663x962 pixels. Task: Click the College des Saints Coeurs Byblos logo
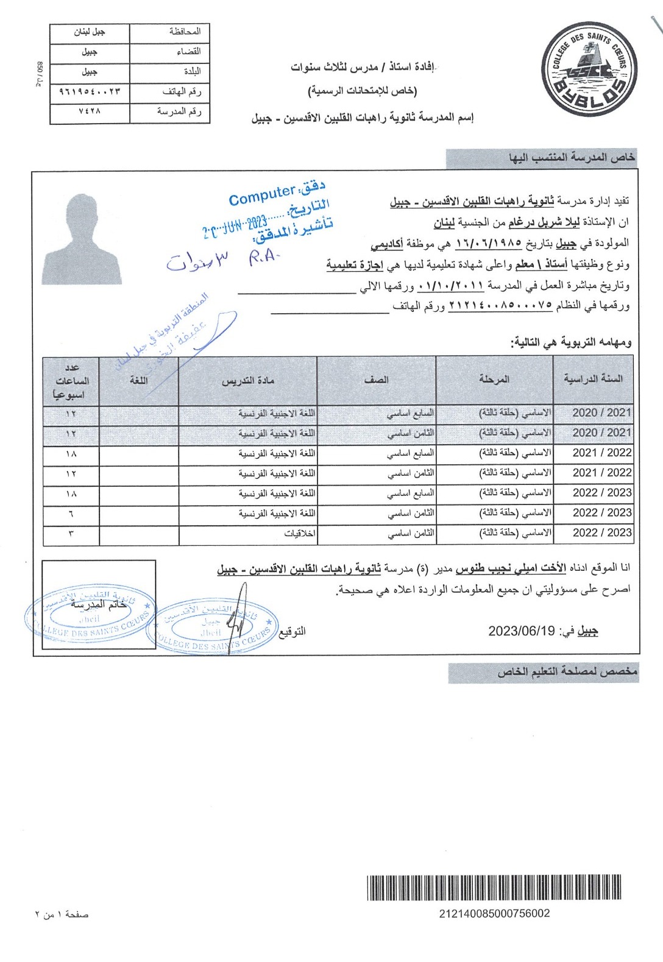(x=588, y=68)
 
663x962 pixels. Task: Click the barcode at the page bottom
(x=494, y=887)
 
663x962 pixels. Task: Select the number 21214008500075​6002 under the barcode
(x=494, y=913)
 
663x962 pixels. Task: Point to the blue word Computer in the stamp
(x=261, y=195)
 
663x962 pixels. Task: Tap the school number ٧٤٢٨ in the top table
(x=90, y=112)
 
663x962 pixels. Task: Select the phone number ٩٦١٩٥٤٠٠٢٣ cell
(x=90, y=92)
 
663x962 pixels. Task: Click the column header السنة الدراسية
(x=593, y=379)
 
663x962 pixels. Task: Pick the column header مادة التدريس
(x=247, y=380)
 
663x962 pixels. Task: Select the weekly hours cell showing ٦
(x=71, y=513)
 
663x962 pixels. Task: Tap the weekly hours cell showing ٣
(x=71, y=533)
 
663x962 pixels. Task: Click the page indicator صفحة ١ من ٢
(x=62, y=914)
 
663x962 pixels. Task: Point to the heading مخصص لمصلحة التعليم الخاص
(x=567, y=672)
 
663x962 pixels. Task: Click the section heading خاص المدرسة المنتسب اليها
(x=572, y=158)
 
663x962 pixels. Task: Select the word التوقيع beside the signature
(x=292, y=631)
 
